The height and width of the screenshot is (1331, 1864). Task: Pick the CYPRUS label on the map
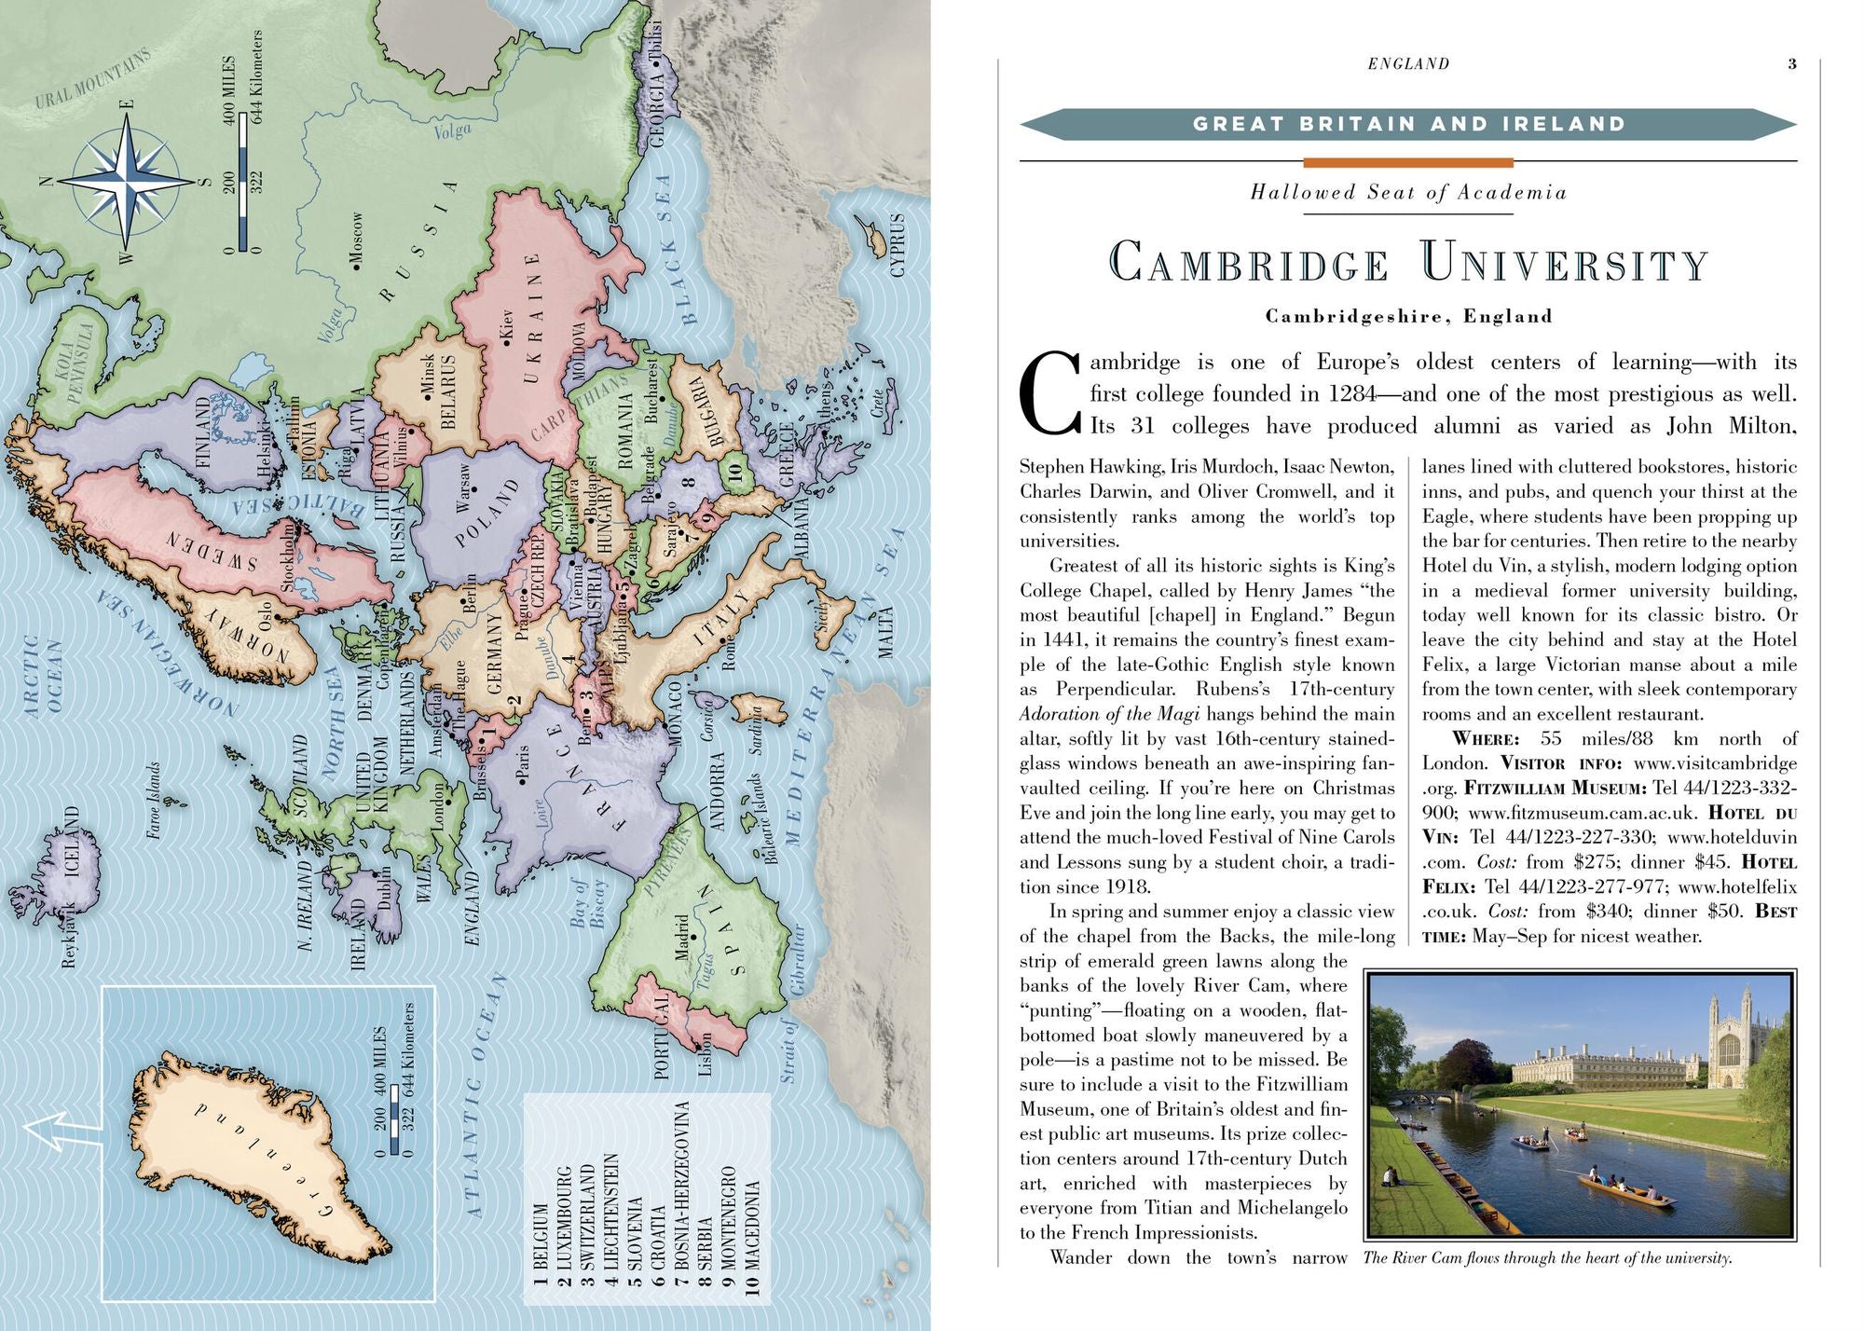(x=898, y=245)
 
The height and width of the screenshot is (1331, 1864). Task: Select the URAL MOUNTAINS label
(x=91, y=78)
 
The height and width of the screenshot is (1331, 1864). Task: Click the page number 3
(x=1791, y=64)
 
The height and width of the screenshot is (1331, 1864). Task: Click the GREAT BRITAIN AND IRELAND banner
(x=1407, y=124)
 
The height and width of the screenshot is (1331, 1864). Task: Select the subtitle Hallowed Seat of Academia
(x=1407, y=193)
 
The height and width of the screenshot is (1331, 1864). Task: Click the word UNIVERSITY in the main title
(x=1565, y=264)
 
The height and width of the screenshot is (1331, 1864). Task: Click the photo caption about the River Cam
(x=1547, y=1258)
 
